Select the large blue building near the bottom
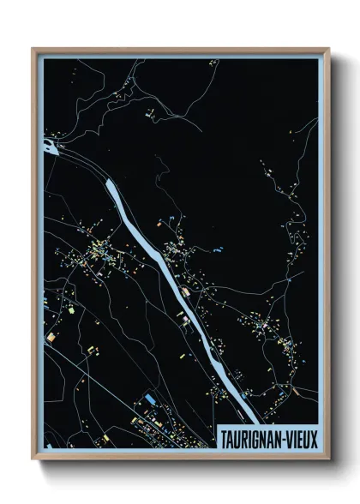[151, 400]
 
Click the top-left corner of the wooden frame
[33, 49]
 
